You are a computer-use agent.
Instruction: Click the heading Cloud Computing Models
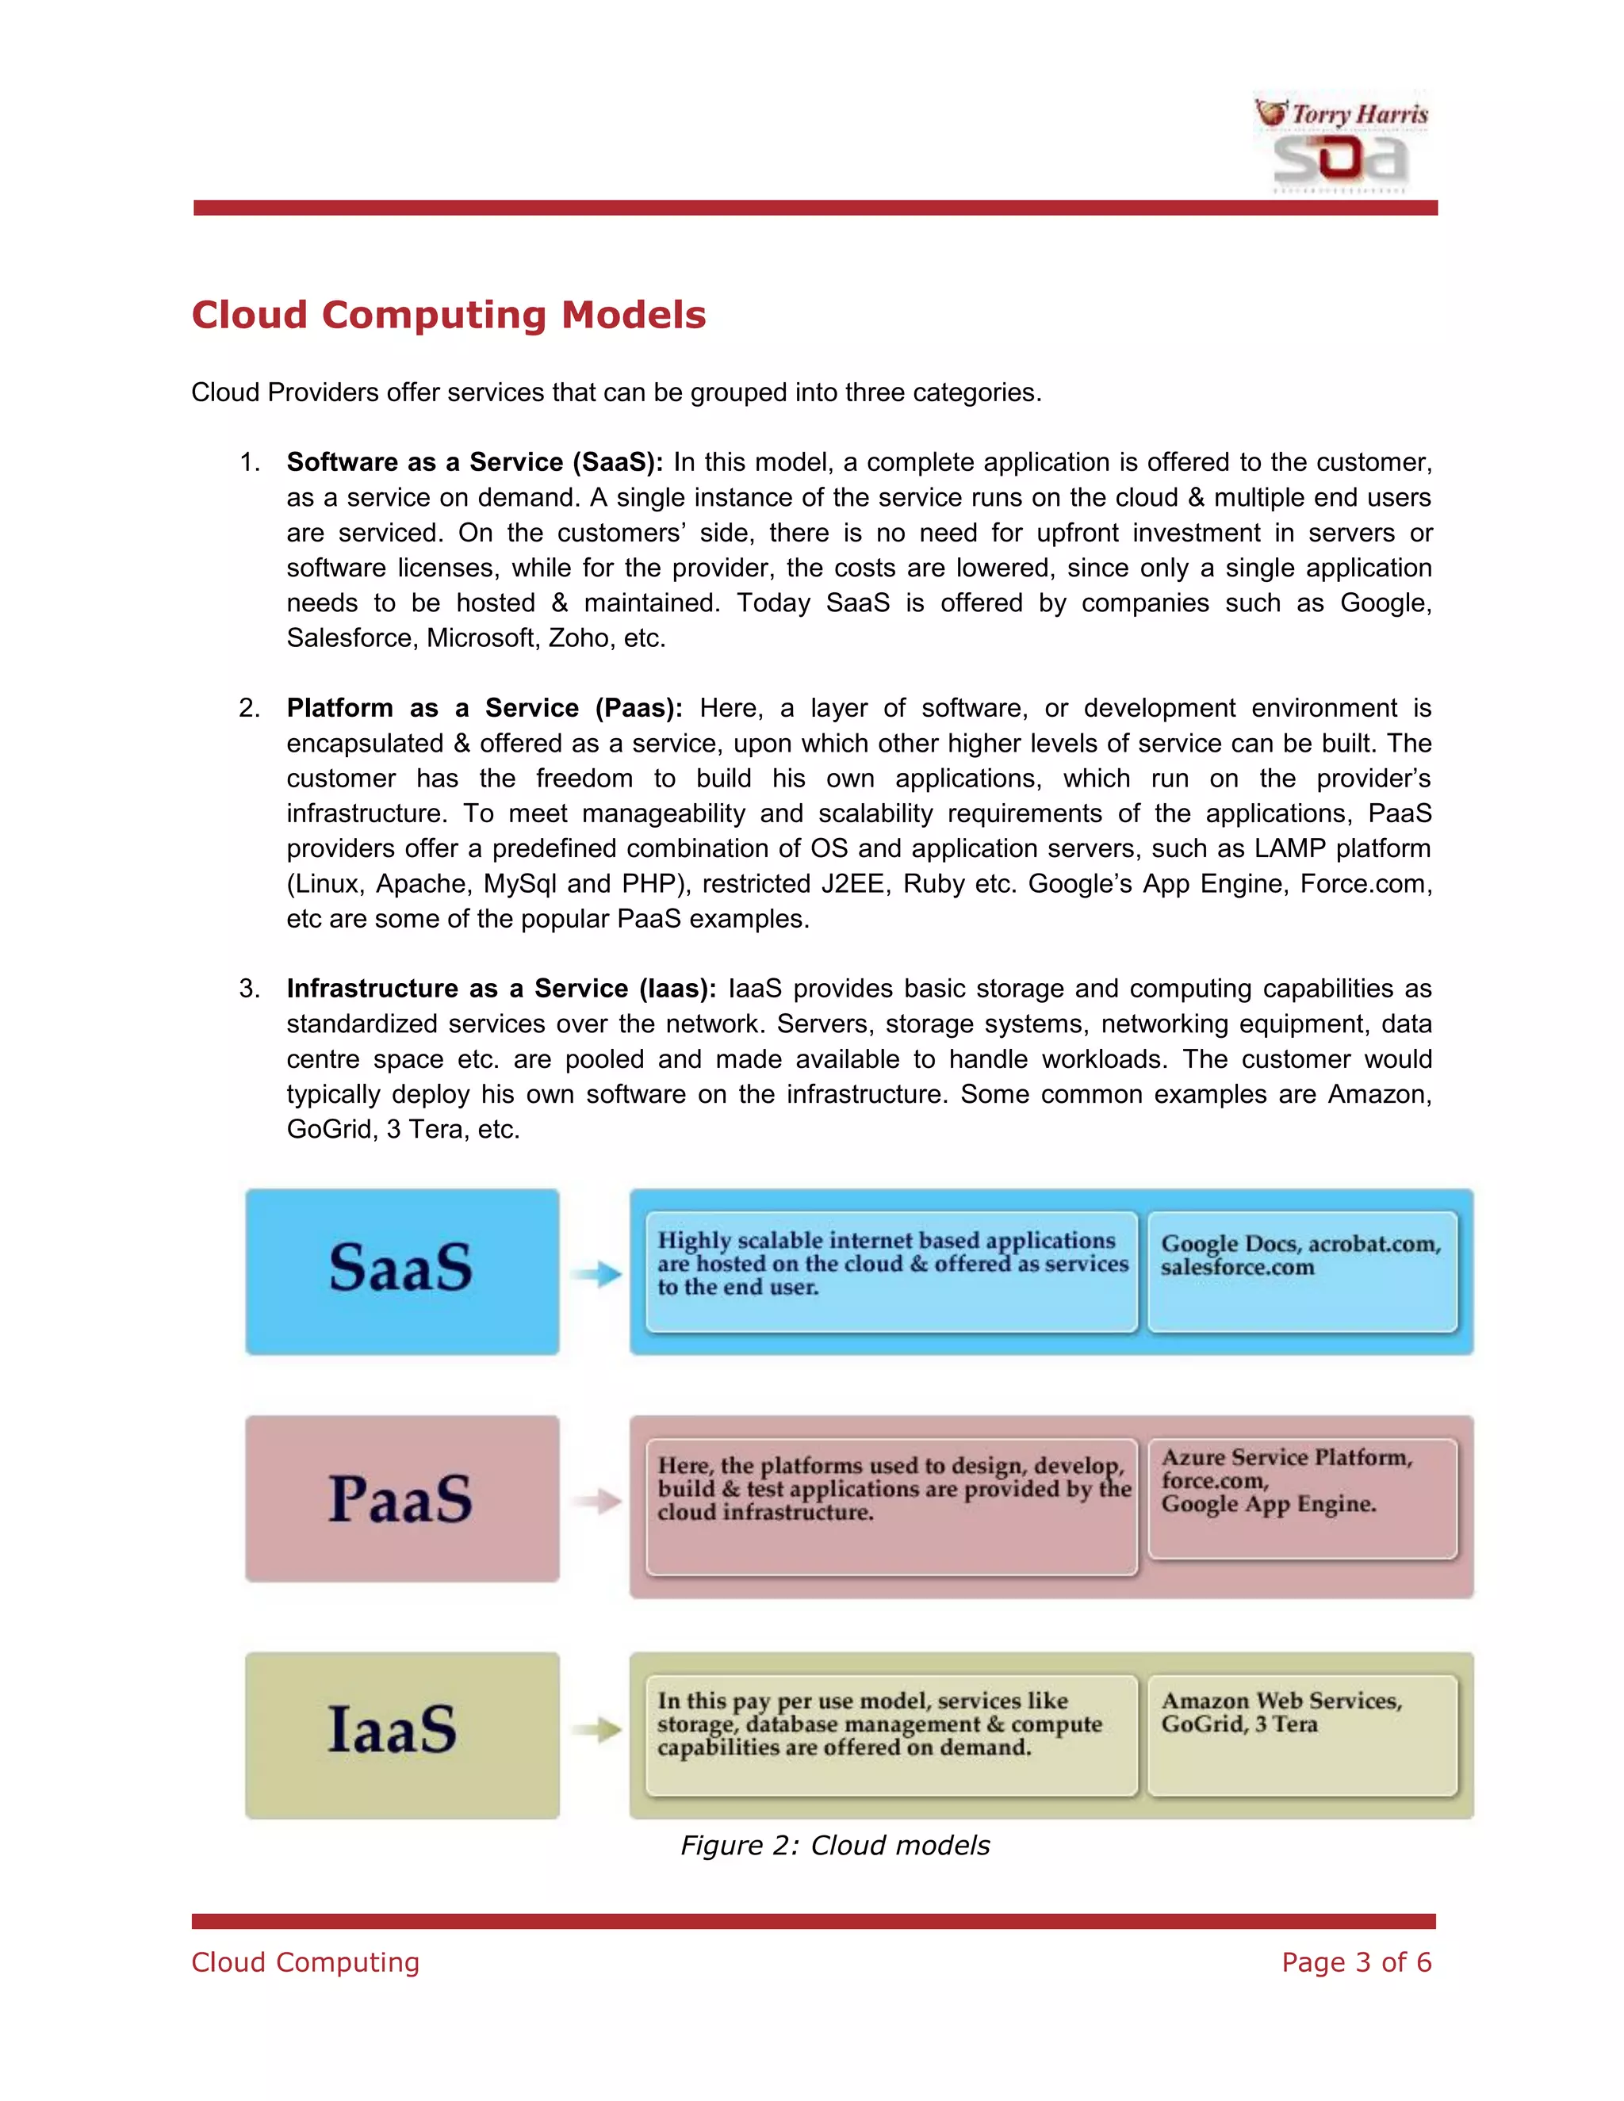click(x=448, y=316)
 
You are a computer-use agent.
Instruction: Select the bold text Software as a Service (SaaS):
click(x=474, y=463)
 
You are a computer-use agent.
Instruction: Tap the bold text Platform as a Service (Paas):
click(x=484, y=709)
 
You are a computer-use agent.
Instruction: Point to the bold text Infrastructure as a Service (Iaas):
click(x=500, y=989)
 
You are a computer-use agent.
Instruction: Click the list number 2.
click(x=248, y=709)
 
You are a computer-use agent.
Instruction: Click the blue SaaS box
click(x=402, y=1271)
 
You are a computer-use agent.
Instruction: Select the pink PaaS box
click(x=402, y=1498)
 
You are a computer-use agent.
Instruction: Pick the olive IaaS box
click(x=402, y=1735)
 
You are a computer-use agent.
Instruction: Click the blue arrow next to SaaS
click(x=596, y=1274)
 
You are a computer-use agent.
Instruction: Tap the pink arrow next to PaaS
click(x=596, y=1501)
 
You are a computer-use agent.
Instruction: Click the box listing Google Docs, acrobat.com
click(x=1302, y=1272)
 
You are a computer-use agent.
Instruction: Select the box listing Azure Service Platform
click(x=1302, y=1498)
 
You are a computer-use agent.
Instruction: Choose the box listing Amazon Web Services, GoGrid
click(x=1302, y=1735)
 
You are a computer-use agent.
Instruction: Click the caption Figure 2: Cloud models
click(x=834, y=1845)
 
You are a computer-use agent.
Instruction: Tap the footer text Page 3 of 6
click(x=1355, y=1962)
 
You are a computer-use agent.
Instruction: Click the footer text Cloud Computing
click(x=305, y=1962)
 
